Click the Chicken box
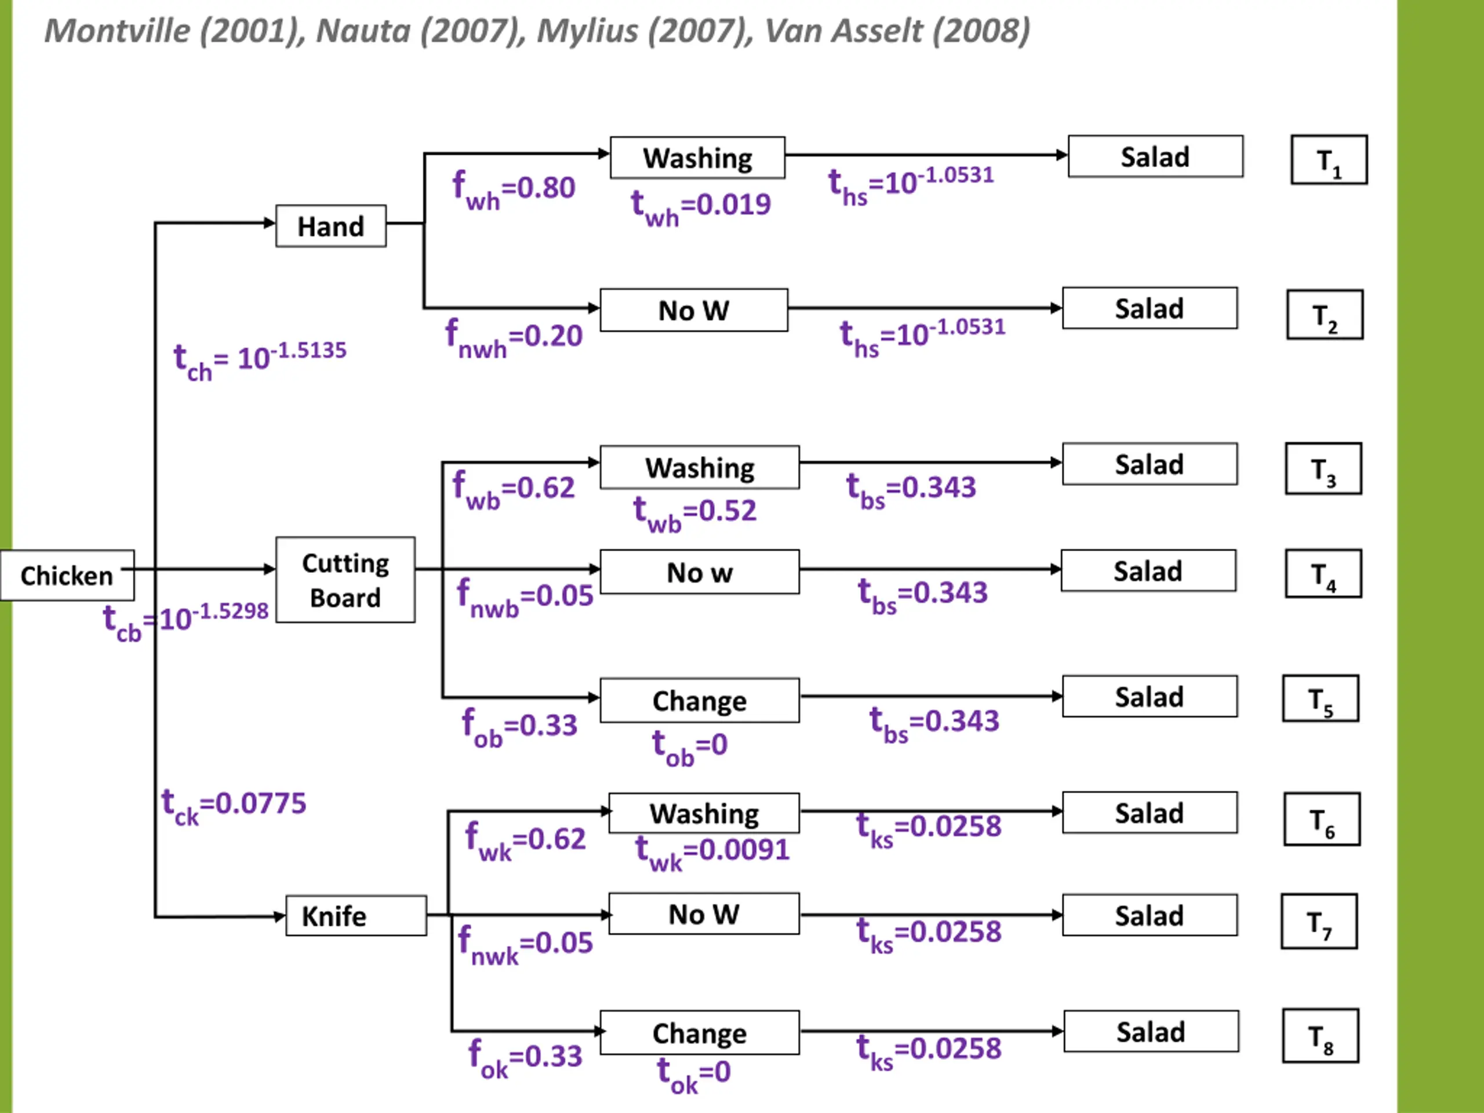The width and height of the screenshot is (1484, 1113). click(x=67, y=576)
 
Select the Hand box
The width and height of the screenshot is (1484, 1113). click(x=331, y=226)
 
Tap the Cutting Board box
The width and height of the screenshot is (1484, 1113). click(x=345, y=580)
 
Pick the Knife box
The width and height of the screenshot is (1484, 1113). click(x=357, y=915)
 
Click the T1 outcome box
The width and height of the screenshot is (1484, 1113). click(x=1329, y=159)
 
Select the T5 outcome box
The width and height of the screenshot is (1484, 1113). click(x=1321, y=699)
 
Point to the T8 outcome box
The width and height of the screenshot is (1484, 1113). click(x=1321, y=1036)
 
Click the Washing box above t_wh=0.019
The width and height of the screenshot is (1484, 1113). click(x=698, y=158)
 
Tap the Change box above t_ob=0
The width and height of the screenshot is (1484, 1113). click(x=700, y=700)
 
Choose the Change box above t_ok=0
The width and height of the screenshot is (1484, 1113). click(x=700, y=1032)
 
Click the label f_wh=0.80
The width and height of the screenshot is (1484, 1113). click(x=514, y=191)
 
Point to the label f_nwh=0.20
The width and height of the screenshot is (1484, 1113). click(x=514, y=339)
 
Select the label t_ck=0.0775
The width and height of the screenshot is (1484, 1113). click(x=234, y=806)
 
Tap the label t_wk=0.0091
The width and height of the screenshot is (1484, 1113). click(x=712, y=853)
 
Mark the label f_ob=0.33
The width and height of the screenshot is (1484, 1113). click(x=519, y=728)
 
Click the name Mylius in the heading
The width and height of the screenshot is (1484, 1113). click(x=588, y=31)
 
